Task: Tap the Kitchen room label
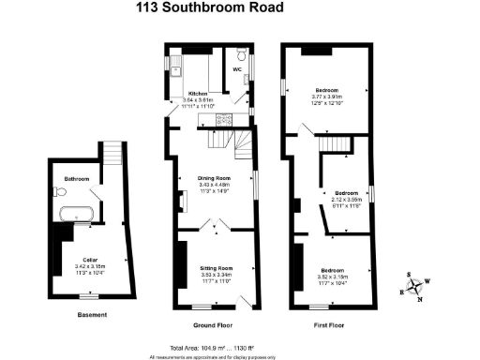(x=198, y=94)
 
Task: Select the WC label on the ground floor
(x=237, y=69)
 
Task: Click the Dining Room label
(x=214, y=177)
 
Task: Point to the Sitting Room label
(x=216, y=268)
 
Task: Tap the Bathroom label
(x=76, y=178)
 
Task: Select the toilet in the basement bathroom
(x=61, y=191)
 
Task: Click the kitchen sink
(x=176, y=67)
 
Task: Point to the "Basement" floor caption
(x=92, y=315)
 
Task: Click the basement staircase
(x=111, y=152)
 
